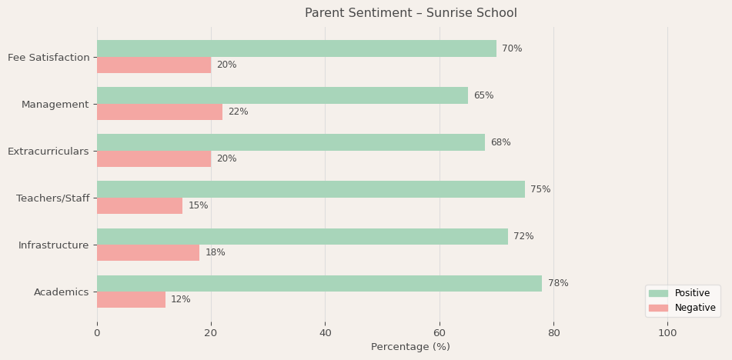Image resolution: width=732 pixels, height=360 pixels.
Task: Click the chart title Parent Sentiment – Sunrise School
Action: point(410,13)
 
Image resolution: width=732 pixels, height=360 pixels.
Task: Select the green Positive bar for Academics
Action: point(319,283)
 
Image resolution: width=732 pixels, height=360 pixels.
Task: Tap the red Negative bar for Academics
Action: point(131,300)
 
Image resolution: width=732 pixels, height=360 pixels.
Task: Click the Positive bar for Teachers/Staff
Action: point(311,189)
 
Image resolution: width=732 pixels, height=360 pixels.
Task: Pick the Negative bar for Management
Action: point(159,112)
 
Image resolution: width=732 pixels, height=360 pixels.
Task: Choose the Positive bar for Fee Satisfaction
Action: point(296,48)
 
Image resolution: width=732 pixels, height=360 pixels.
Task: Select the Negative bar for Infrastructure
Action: point(148,253)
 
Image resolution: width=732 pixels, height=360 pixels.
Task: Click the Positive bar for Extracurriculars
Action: point(291,142)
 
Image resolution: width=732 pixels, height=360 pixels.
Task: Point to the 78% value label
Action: point(558,283)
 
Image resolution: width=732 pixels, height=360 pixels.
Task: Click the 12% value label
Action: point(181,300)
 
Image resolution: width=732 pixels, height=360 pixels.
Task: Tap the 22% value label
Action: point(238,112)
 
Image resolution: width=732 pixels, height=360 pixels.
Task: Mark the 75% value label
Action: point(540,189)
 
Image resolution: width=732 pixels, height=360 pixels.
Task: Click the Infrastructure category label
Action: point(53,245)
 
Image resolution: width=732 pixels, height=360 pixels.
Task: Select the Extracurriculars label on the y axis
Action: point(48,152)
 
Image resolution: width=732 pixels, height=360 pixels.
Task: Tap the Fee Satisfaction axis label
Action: point(48,58)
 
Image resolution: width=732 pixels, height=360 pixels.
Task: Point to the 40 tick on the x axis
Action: point(325,333)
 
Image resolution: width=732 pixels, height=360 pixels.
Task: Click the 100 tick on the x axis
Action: point(667,333)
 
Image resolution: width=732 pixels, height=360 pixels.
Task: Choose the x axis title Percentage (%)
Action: point(410,347)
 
